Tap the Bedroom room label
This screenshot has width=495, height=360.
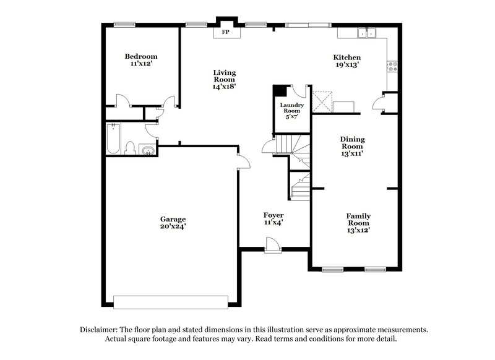click(x=141, y=60)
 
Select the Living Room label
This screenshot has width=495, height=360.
click(x=223, y=79)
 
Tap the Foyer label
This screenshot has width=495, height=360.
click(x=273, y=218)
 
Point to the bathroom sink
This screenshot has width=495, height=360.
click(x=147, y=150)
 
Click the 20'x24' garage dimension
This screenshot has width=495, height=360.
click(x=173, y=226)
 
